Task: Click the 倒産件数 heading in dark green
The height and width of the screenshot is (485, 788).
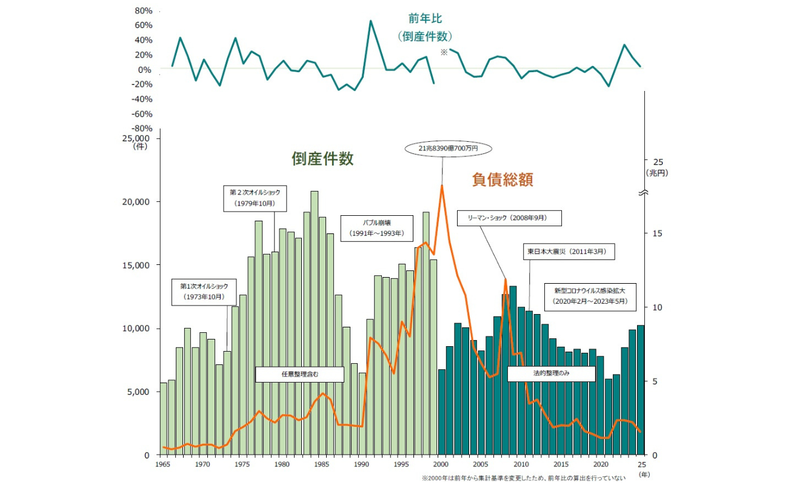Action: [x=322, y=159]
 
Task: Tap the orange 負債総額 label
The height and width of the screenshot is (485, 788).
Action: [x=503, y=180]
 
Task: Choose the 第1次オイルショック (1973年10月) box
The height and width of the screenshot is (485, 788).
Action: [x=203, y=291]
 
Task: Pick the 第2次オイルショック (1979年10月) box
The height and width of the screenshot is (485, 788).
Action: [x=255, y=198]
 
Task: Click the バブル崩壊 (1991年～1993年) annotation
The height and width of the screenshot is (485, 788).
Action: [x=376, y=229]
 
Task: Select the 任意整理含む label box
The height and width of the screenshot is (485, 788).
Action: [x=300, y=375]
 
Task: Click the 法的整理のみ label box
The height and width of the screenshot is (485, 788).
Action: [x=551, y=374]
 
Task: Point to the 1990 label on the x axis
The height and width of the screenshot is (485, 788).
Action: [x=361, y=464]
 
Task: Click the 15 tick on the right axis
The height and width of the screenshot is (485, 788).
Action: [x=657, y=233]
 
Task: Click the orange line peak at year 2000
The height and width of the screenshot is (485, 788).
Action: [x=442, y=185]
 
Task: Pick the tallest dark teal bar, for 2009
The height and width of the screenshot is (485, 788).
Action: [x=513, y=370]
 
